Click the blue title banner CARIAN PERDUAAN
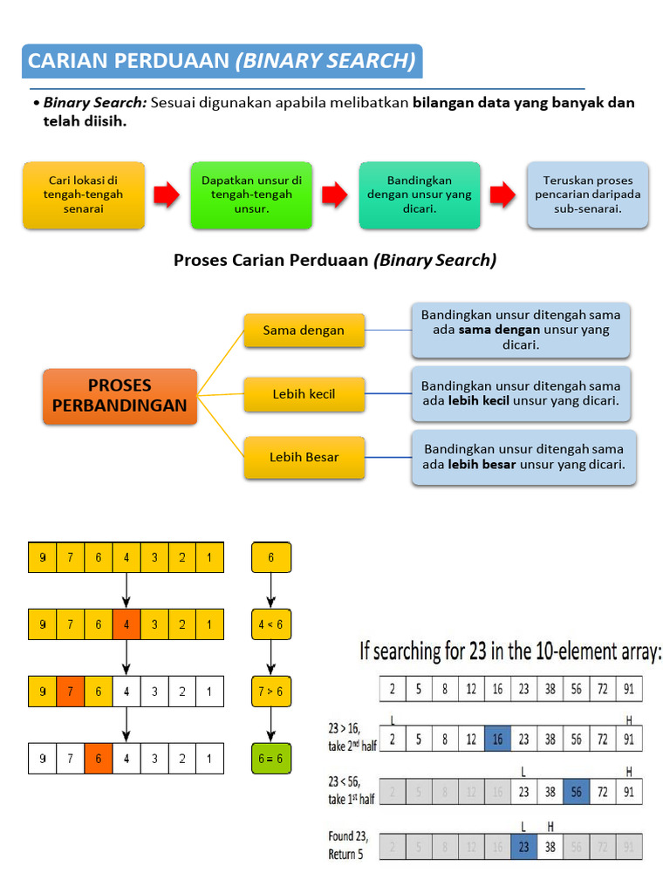[x=222, y=61]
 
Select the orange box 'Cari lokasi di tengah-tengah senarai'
[x=84, y=195]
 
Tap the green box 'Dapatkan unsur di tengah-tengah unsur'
[x=251, y=195]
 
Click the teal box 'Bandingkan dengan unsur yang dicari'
[x=420, y=195]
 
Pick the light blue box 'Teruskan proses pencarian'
[x=587, y=195]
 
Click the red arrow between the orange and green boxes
[x=167, y=195]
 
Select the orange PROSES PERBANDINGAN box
[x=120, y=396]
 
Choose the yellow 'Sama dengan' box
[x=304, y=331]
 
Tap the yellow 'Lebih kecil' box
[x=304, y=394]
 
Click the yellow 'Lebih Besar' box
[x=304, y=458]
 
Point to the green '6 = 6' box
[x=270, y=759]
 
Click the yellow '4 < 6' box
[x=270, y=624]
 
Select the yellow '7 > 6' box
[x=270, y=692]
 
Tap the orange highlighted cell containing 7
[x=71, y=692]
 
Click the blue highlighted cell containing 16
[x=497, y=739]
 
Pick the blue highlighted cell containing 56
[x=576, y=793]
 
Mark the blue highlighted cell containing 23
[x=523, y=846]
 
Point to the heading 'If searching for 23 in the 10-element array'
[x=510, y=651]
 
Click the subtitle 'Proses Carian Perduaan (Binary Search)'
[x=335, y=260]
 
